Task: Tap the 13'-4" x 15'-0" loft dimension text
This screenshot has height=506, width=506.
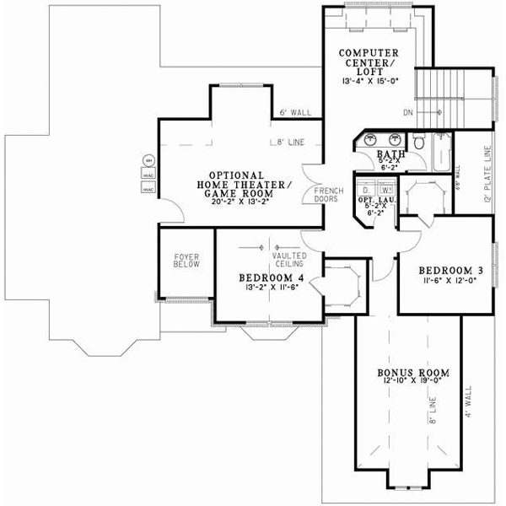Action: click(369, 82)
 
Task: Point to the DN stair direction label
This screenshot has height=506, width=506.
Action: click(408, 112)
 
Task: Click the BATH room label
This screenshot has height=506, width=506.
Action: click(390, 155)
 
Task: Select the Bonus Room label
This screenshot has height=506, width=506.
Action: click(412, 372)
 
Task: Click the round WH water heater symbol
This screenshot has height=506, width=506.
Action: click(148, 160)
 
